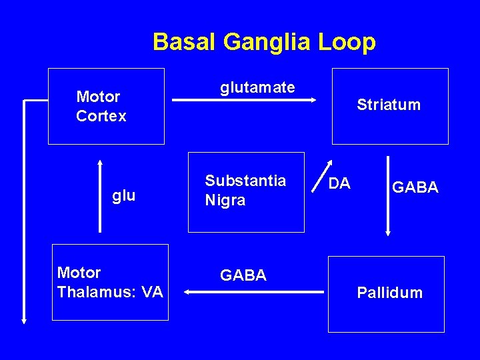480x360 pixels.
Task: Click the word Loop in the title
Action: [352, 42]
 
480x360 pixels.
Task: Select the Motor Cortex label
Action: [101, 107]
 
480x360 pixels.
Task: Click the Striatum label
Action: [389, 105]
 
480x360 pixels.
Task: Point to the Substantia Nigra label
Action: [245, 191]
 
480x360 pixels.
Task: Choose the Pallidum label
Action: [389, 293]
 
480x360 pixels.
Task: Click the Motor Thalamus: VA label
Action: [110, 282]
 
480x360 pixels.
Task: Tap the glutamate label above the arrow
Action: [257, 87]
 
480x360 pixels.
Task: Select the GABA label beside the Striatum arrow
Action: [415, 188]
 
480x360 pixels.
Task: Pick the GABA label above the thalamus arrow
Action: [243, 275]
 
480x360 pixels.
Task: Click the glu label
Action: [124, 195]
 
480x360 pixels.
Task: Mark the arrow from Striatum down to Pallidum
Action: [388, 196]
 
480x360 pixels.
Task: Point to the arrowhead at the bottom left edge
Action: [25, 320]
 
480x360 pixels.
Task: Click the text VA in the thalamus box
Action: [152, 291]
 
